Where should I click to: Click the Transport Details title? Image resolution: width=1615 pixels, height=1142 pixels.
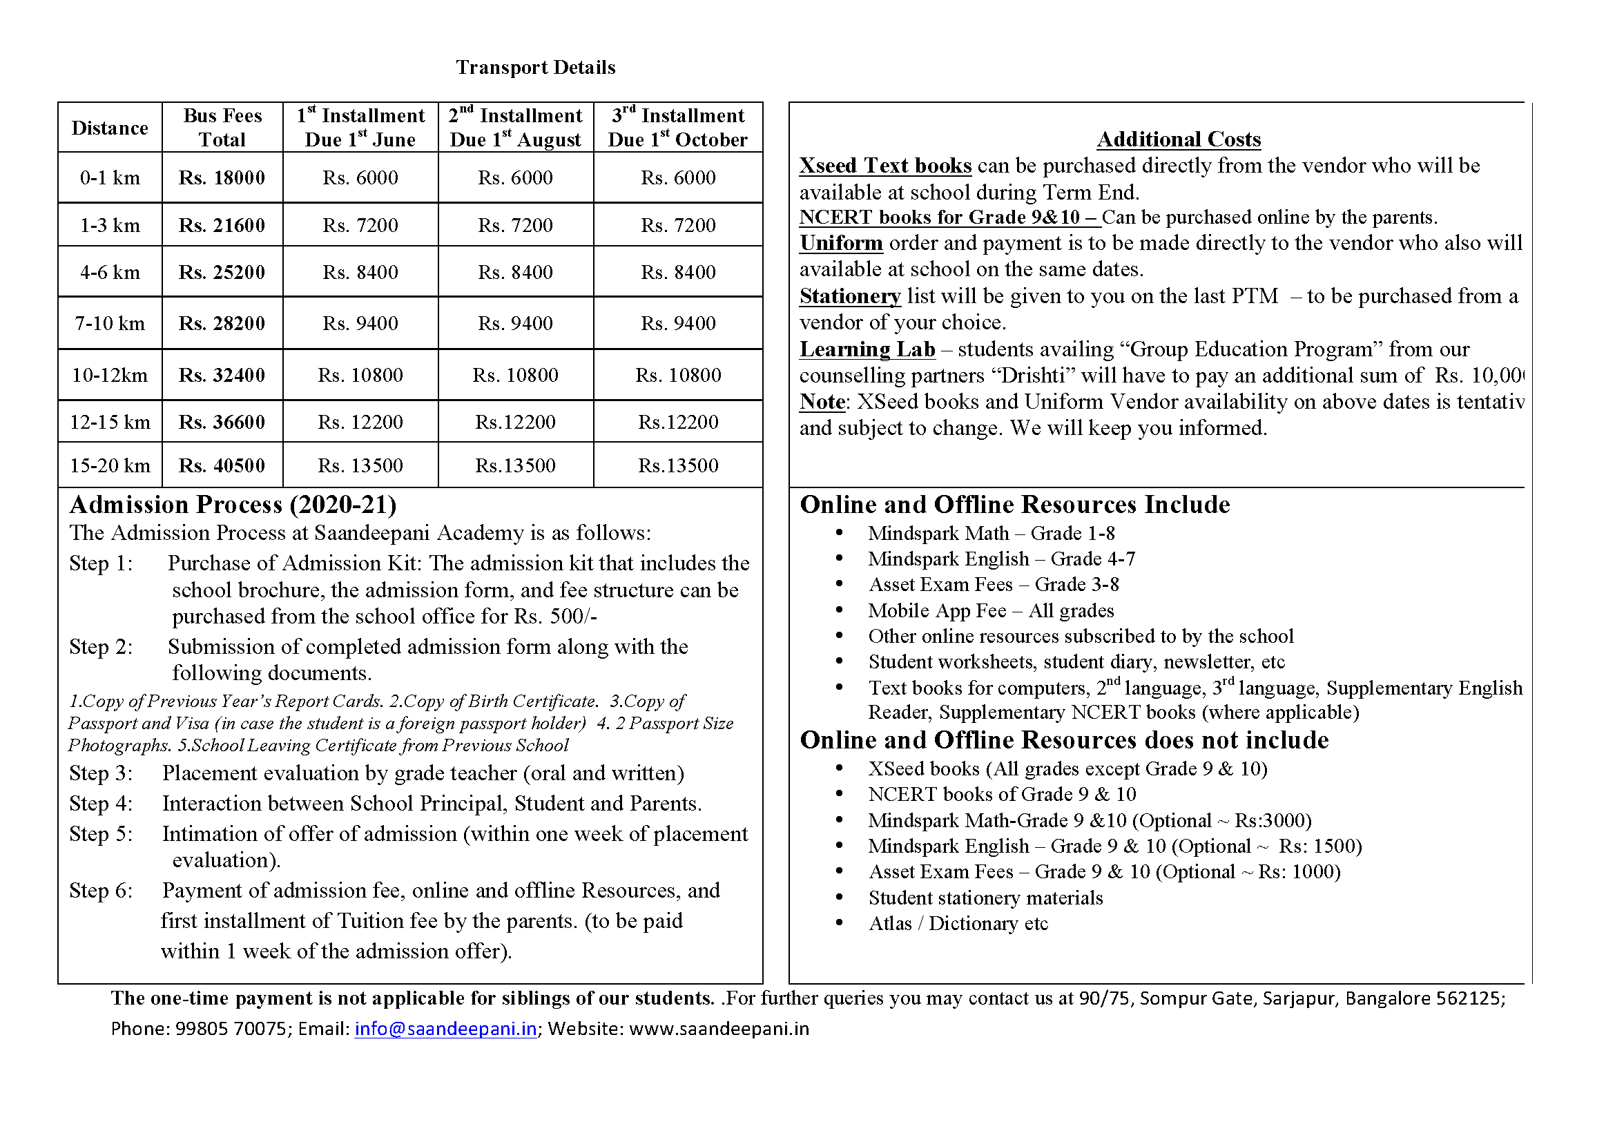[x=535, y=68]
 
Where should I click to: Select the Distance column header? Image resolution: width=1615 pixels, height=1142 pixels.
[x=110, y=128]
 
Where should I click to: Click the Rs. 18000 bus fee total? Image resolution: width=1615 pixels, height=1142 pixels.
[x=222, y=178]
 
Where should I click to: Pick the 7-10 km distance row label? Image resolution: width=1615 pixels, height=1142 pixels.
[x=110, y=323]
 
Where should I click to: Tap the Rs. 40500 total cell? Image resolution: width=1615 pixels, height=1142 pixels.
[x=222, y=465]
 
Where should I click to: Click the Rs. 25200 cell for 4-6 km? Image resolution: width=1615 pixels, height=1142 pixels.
[x=222, y=272]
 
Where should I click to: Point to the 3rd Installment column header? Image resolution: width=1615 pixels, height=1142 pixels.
[x=677, y=127]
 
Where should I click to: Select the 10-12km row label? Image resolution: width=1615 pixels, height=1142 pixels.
[x=110, y=376]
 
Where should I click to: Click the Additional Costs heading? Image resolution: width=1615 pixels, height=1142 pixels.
[x=1178, y=139]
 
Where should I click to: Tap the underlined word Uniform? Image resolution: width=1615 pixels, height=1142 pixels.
[x=840, y=243]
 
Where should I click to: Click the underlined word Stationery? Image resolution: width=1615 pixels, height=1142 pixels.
[x=850, y=296]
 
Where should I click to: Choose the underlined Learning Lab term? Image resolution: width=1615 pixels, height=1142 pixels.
[x=867, y=349]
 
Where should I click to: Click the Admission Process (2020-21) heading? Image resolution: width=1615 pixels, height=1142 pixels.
[x=233, y=505]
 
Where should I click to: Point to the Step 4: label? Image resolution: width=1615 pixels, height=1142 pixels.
[x=101, y=803]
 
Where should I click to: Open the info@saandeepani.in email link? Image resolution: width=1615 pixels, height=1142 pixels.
[x=445, y=1029]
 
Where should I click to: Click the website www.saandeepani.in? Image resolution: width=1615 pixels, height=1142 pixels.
[x=719, y=1029]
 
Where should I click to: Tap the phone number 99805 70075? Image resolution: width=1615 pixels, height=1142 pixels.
[x=231, y=1029]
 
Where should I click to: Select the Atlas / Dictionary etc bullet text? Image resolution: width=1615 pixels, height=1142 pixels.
[x=958, y=923]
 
